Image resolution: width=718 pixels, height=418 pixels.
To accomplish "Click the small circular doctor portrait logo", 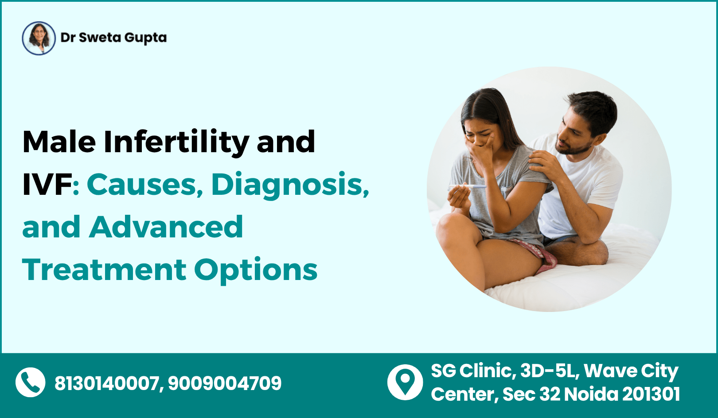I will [39, 38].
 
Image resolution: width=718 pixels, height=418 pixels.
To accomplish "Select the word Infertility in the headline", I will [176, 142].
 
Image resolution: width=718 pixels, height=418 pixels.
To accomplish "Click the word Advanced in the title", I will [166, 227].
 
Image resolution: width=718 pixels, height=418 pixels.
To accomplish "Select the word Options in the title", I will [256, 270].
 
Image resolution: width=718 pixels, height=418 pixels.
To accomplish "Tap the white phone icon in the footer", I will [30, 383].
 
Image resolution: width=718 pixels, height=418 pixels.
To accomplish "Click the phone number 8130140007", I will [106, 383].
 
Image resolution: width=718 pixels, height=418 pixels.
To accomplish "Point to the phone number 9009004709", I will [225, 383].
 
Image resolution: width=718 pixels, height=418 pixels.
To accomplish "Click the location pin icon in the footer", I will [405, 382].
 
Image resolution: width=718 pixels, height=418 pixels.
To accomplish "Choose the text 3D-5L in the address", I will [550, 371].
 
